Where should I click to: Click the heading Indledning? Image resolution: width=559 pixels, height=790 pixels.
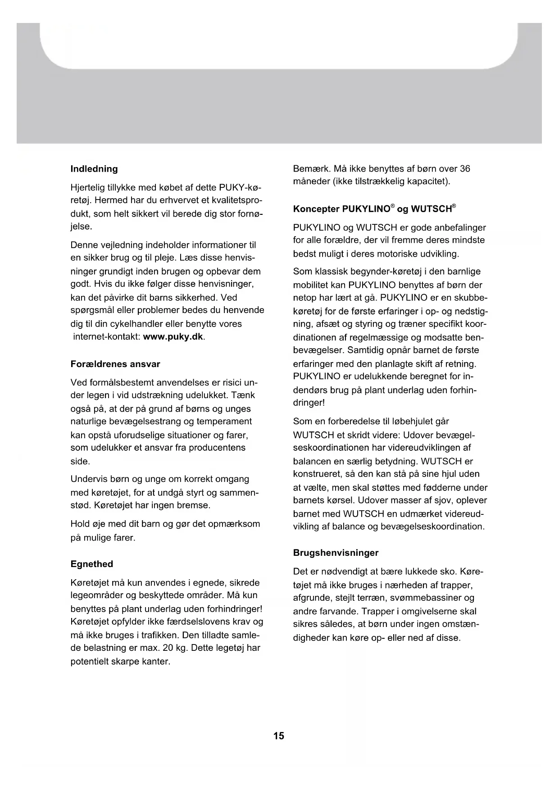94,169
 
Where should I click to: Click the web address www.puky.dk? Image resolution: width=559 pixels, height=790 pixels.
173,337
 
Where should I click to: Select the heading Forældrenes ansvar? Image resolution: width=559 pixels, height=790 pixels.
115,364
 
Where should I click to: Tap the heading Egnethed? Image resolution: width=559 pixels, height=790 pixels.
92,564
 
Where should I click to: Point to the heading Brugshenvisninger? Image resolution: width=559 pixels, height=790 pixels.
336,553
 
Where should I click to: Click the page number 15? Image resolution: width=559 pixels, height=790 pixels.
279,736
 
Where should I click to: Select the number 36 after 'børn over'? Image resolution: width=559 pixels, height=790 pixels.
465,168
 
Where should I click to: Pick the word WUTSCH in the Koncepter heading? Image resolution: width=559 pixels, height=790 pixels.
432,209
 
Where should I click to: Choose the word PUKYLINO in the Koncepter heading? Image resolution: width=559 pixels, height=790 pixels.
366,209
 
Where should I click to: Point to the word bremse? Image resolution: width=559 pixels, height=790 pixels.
194,505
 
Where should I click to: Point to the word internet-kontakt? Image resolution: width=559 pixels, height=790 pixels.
106,337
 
